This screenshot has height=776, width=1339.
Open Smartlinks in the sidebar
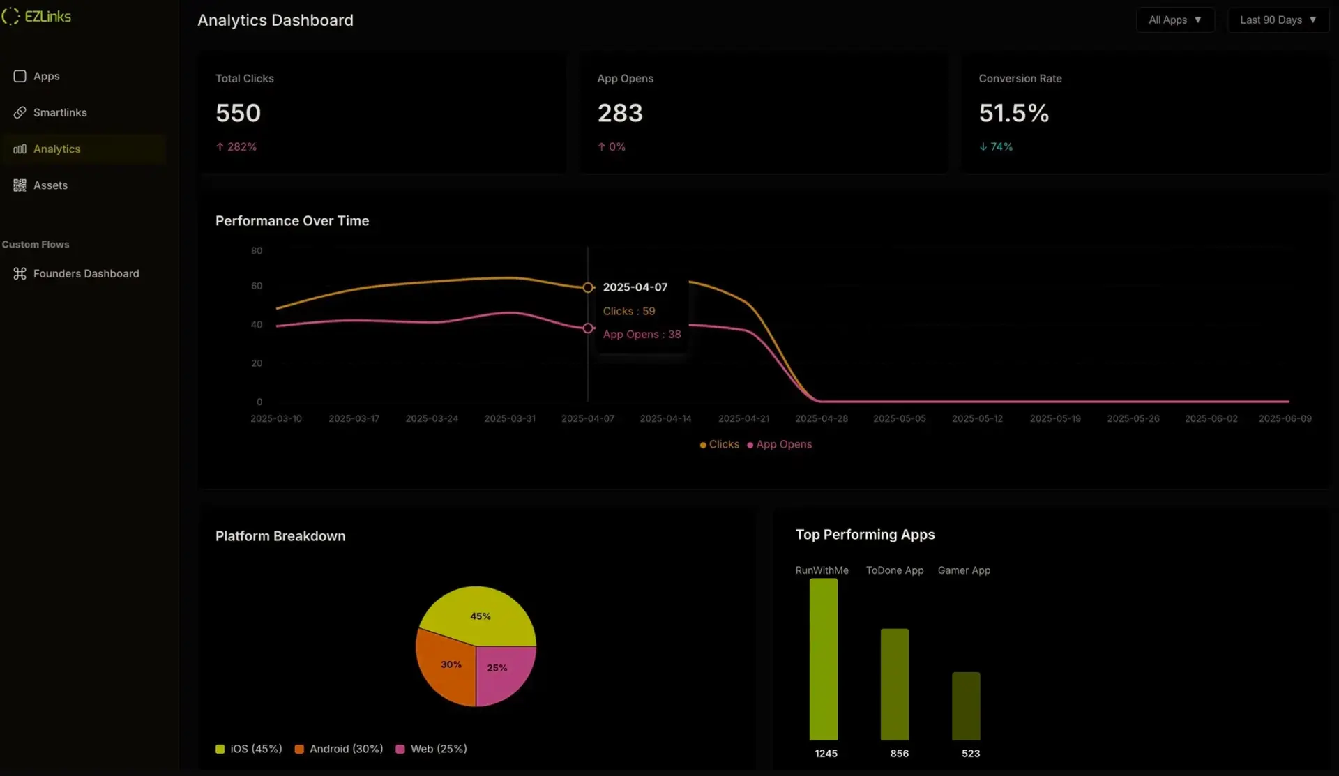(60, 112)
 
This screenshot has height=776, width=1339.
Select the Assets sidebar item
(50, 185)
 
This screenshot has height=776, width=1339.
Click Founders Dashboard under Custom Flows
(86, 273)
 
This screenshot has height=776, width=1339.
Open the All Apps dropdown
(1175, 20)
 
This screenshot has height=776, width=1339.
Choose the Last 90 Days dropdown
(1278, 20)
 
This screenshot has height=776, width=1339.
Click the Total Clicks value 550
(238, 113)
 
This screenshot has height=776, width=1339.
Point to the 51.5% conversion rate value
(1013, 113)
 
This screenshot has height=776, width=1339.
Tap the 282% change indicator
(236, 146)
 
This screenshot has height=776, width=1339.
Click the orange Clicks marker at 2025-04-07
(588, 287)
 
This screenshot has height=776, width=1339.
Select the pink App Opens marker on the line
(588, 328)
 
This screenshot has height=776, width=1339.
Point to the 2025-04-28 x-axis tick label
(822, 418)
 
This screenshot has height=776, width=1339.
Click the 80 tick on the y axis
(257, 250)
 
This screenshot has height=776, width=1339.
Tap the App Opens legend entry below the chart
(780, 444)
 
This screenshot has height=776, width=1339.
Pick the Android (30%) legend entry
(339, 749)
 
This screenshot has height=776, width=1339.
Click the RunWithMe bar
(823, 659)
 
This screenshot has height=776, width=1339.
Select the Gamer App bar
(966, 706)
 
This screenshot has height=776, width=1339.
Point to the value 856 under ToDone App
(899, 754)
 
